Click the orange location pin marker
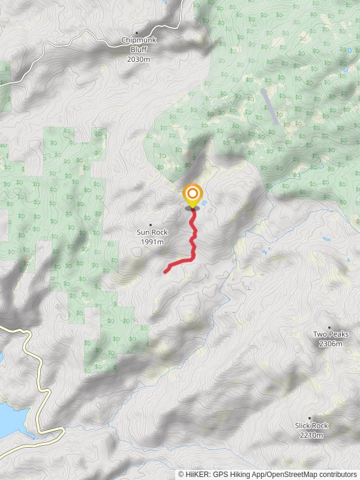click(x=193, y=194)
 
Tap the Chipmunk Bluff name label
click(x=139, y=41)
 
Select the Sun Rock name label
click(x=152, y=232)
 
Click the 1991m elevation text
click(x=152, y=242)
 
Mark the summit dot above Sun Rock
click(x=150, y=224)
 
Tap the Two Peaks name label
click(x=331, y=334)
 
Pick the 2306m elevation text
click(x=331, y=344)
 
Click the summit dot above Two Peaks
click(x=329, y=326)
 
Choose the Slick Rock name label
click(x=311, y=425)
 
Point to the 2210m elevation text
click(x=311, y=435)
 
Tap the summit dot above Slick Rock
click(x=310, y=418)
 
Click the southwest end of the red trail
click(x=166, y=272)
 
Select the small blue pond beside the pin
click(x=205, y=204)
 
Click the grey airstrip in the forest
click(x=269, y=106)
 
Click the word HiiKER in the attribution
click(x=197, y=474)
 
